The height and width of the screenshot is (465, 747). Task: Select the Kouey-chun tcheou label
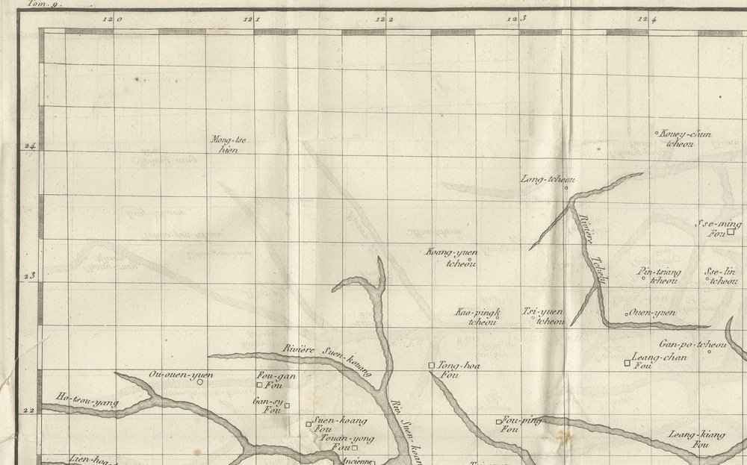(x=684, y=138)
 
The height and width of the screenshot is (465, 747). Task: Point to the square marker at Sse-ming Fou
(x=731, y=232)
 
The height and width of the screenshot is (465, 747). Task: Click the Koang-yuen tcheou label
(x=451, y=257)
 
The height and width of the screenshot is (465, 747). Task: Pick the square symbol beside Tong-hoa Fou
(x=431, y=365)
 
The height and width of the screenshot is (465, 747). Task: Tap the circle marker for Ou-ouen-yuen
(x=200, y=382)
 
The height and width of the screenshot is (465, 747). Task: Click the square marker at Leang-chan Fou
(x=627, y=363)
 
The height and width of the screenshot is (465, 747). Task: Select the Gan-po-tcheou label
(x=693, y=345)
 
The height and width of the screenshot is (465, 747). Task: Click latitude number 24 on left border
(x=31, y=146)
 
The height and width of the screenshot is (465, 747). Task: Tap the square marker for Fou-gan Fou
(x=259, y=385)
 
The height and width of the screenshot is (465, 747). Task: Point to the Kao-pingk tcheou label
(x=479, y=316)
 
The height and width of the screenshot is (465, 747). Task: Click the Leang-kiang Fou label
(x=697, y=439)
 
